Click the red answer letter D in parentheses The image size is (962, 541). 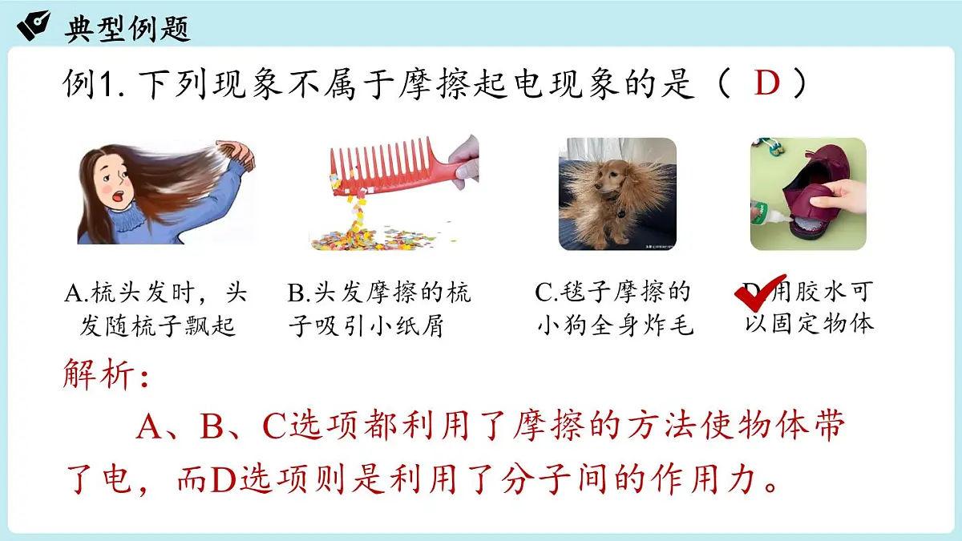click(x=766, y=84)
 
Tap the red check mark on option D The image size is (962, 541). click(x=759, y=293)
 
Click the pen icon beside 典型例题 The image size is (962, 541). click(x=34, y=26)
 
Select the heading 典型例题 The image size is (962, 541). click(x=127, y=28)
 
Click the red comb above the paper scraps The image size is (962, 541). click(x=385, y=165)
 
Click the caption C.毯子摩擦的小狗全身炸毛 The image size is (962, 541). click(x=614, y=309)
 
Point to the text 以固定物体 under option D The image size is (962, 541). click(x=809, y=324)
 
